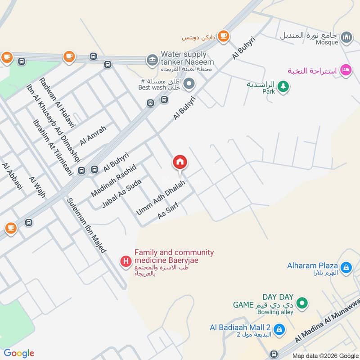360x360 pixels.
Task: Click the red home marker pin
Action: click(x=180, y=162)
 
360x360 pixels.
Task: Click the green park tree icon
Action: click(x=283, y=86)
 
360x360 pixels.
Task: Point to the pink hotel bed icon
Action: click(x=346, y=70)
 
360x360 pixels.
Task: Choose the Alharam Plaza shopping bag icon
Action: click(x=346, y=268)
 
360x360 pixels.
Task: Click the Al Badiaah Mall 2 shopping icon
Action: click(x=279, y=329)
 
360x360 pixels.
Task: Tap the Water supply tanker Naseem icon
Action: click(x=152, y=59)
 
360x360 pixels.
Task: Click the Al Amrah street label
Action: click(x=93, y=135)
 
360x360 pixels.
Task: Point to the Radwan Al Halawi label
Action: click(x=58, y=102)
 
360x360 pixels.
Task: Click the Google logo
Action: click(x=19, y=353)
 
